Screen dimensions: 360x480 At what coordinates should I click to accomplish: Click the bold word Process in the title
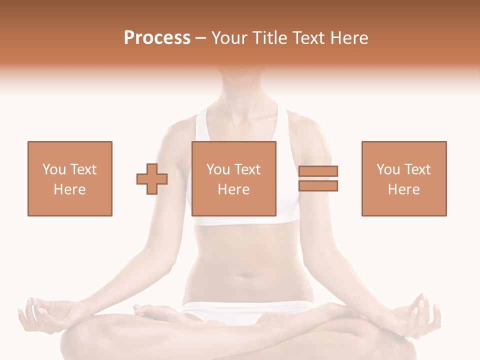pos(157,38)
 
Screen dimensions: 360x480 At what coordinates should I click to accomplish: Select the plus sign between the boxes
pos(152,178)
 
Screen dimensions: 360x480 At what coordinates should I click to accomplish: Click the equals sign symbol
pos(318,178)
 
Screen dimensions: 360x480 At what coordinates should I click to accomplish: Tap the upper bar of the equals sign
pos(318,171)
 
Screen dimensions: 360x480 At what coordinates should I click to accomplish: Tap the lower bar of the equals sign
pos(318,185)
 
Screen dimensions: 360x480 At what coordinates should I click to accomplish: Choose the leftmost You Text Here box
pos(70,178)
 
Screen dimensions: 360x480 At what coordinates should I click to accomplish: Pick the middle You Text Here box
pos(234,178)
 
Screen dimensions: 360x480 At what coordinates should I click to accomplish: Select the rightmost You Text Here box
pos(404,178)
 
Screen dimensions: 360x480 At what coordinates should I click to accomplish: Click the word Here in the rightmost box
pos(404,189)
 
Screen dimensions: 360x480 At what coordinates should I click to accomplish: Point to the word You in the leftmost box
pos(53,169)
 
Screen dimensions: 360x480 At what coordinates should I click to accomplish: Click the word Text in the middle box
pos(247,169)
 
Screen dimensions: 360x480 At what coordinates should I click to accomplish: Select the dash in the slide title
pos(200,38)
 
